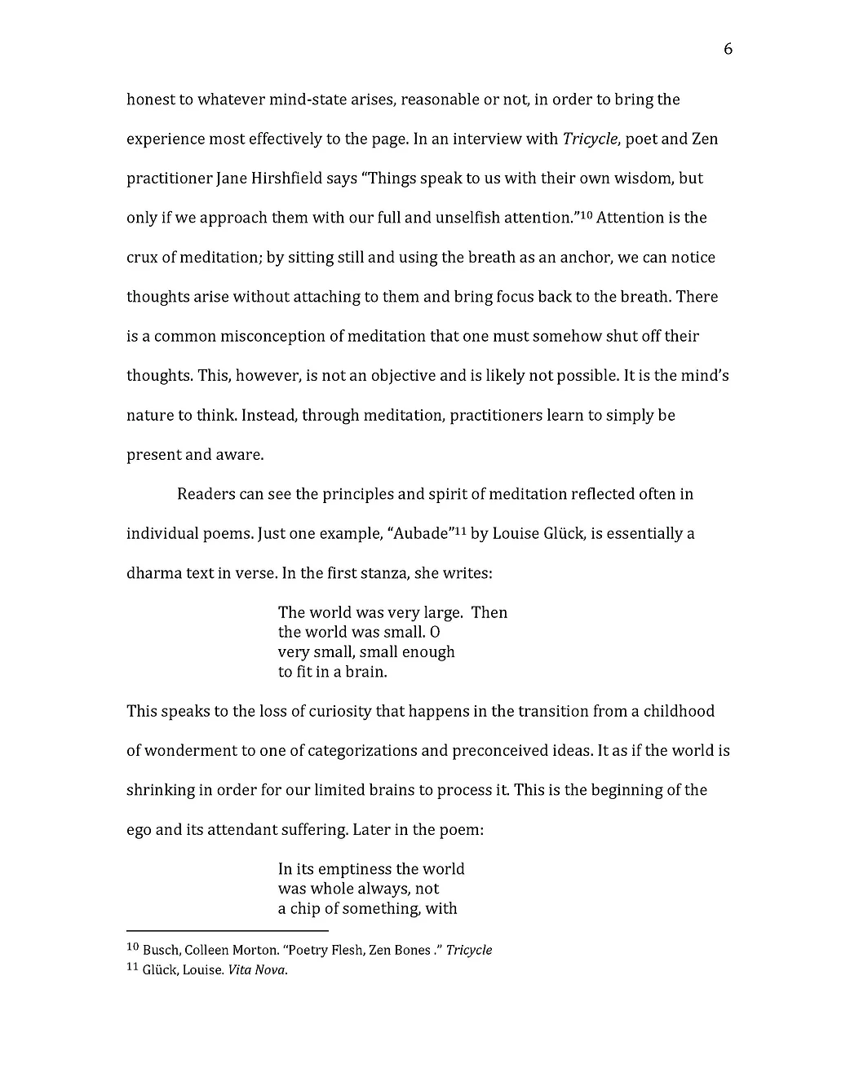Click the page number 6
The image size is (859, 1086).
[x=728, y=50]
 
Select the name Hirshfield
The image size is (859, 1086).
[x=281, y=179]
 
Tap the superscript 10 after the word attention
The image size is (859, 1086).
[x=585, y=214]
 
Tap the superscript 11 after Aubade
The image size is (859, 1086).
[x=460, y=531]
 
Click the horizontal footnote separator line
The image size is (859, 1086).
[x=227, y=930]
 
